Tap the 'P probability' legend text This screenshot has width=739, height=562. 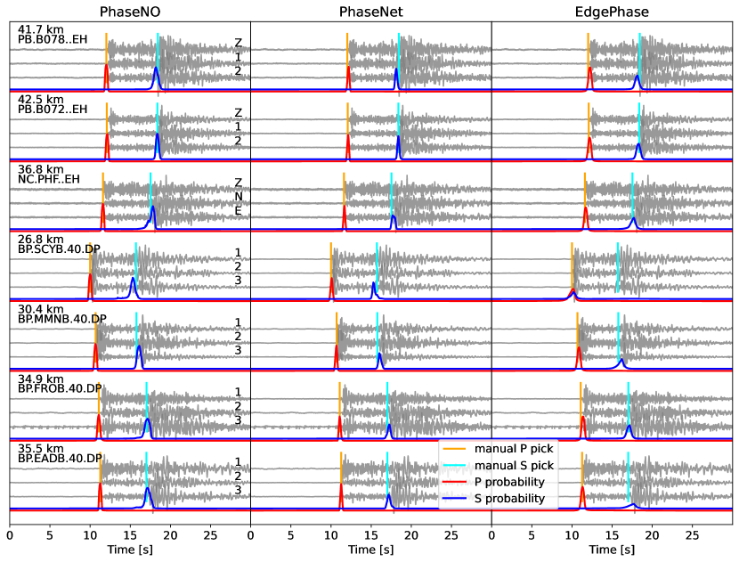point(509,482)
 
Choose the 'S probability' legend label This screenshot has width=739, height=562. point(509,499)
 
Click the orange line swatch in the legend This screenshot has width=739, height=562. point(454,448)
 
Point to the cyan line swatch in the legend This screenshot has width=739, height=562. point(454,465)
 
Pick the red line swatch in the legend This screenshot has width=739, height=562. point(454,482)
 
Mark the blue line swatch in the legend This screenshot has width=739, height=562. point(454,499)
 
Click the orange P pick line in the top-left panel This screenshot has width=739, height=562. point(106,49)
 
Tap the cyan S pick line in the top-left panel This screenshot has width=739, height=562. point(158,49)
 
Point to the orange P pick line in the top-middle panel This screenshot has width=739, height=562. point(347,49)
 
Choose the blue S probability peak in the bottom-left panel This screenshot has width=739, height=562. point(148,491)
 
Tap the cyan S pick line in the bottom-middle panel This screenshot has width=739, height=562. point(387,472)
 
